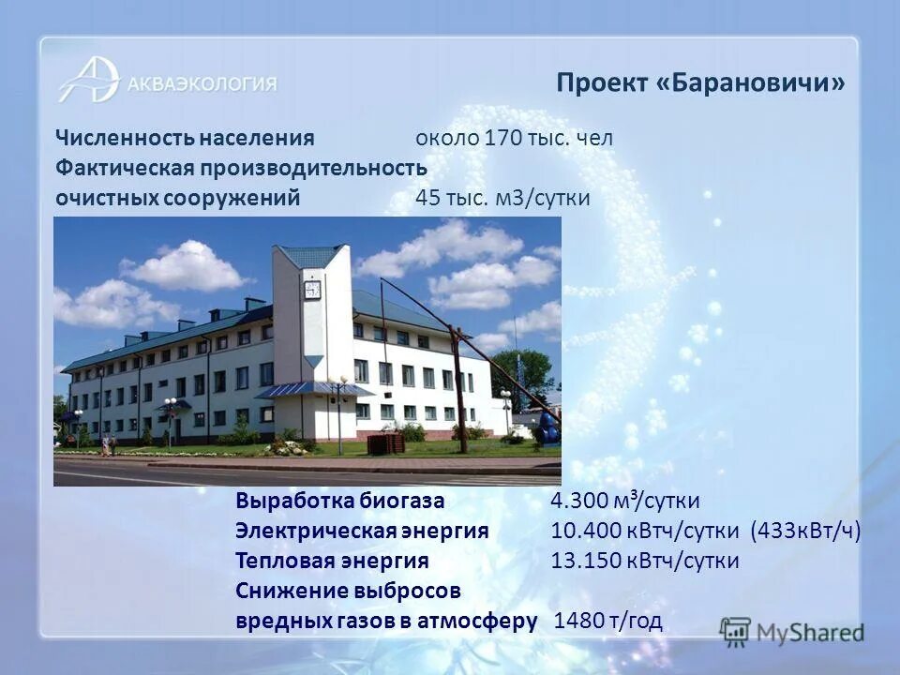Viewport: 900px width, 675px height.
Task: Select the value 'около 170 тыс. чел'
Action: [515, 139]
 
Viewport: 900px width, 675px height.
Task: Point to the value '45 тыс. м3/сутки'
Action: [502, 199]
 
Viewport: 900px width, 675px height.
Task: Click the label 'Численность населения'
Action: [184, 139]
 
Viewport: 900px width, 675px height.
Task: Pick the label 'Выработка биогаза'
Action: [340, 501]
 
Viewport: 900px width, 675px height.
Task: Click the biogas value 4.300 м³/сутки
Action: [625, 501]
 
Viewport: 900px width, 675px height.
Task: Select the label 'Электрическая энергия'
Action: [362, 531]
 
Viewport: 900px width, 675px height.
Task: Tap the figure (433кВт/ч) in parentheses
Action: [805, 531]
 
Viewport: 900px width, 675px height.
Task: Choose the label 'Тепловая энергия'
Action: [332, 561]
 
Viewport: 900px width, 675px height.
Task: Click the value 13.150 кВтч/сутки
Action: [645, 561]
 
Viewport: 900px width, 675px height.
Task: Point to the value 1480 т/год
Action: [609, 621]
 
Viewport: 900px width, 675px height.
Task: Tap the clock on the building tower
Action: [312, 290]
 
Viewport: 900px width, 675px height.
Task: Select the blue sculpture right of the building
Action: [548, 427]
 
